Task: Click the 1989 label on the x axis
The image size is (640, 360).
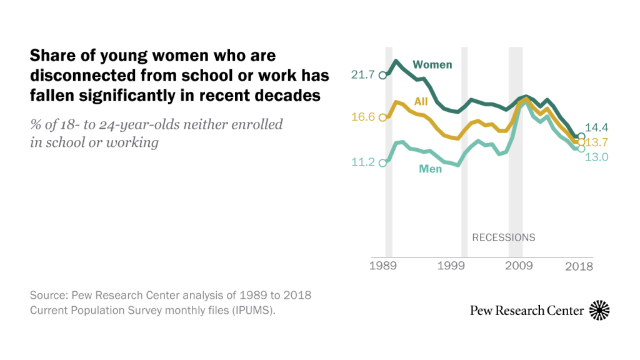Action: click(x=383, y=266)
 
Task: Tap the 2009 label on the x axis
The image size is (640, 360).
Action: click(x=519, y=266)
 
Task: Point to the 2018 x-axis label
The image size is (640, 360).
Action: click(x=579, y=266)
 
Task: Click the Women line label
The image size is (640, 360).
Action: click(x=432, y=64)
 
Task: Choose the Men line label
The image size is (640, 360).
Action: click(x=430, y=169)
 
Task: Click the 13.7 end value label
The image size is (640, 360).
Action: click(x=596, y=142)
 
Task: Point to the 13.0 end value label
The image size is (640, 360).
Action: click(x=596, y=157)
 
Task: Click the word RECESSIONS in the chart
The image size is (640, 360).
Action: click(x=503, y=237)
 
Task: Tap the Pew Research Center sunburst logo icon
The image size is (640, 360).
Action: click(x=599, y=310)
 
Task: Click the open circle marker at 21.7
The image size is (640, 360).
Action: click(x=383, y=75)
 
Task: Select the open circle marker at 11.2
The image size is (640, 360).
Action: click(x=383, y=162)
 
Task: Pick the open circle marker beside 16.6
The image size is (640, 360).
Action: click(x=383, y=117)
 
